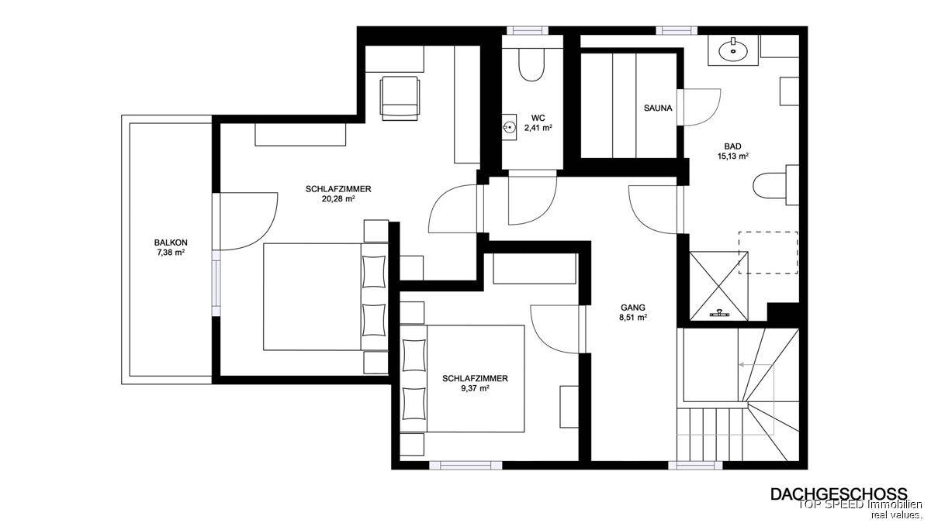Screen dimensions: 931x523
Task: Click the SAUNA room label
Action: pos(658,108)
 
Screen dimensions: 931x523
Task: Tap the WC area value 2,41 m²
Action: pos(538,128)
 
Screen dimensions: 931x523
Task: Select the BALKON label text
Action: pos(171,243)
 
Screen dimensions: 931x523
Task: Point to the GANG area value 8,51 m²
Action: pos(633,318)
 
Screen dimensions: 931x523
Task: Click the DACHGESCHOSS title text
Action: pos(839,494)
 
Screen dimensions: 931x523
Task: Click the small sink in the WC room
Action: pos(509,127)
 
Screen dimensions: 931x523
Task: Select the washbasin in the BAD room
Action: pos(733,50)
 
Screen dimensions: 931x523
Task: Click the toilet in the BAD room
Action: pos(776,185)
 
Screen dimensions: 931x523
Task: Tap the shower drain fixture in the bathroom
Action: pos(719,313)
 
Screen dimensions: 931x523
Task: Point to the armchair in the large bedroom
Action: pos(400,98)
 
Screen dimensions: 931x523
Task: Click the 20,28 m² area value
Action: pos(338,199)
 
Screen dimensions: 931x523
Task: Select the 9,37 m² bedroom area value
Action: pos(475,388)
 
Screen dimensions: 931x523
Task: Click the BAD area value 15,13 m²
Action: pos(732,157)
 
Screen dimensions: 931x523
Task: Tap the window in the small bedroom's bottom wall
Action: pos(466,466)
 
